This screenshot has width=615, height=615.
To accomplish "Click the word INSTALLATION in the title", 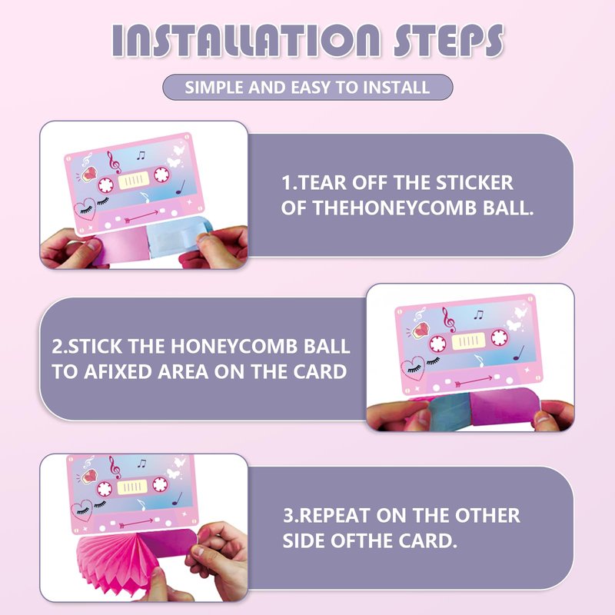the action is tap(245, 41).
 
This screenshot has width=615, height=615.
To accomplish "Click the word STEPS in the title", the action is tap(448, 41).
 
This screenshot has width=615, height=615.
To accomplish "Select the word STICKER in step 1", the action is tap(474, 183).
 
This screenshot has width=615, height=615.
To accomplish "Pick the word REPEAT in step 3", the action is tap(334, 515).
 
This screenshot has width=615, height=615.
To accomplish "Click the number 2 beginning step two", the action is tap(57, 347).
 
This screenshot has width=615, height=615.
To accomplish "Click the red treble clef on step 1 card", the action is tap(115, 162).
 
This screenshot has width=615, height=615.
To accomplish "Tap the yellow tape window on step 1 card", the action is tap(134, 181).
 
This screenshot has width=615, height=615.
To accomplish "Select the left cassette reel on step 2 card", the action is tap(437, 344).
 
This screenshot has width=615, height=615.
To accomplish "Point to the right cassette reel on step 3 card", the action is tap(160, 484).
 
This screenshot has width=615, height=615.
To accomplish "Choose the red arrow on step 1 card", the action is tap(141, 216).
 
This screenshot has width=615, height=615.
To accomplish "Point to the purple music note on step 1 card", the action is tap(181, 187).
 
